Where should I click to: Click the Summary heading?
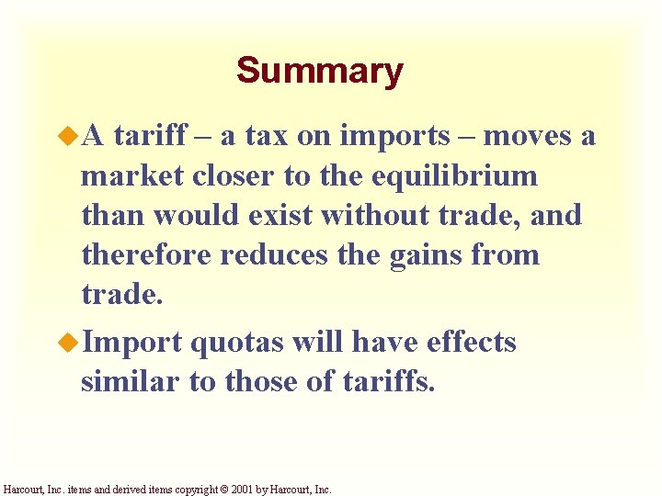[x=319, y=70]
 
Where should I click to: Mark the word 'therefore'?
[x=146, y=255]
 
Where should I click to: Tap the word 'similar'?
[x=130, y=382]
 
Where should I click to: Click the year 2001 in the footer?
[x=248, y=490]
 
